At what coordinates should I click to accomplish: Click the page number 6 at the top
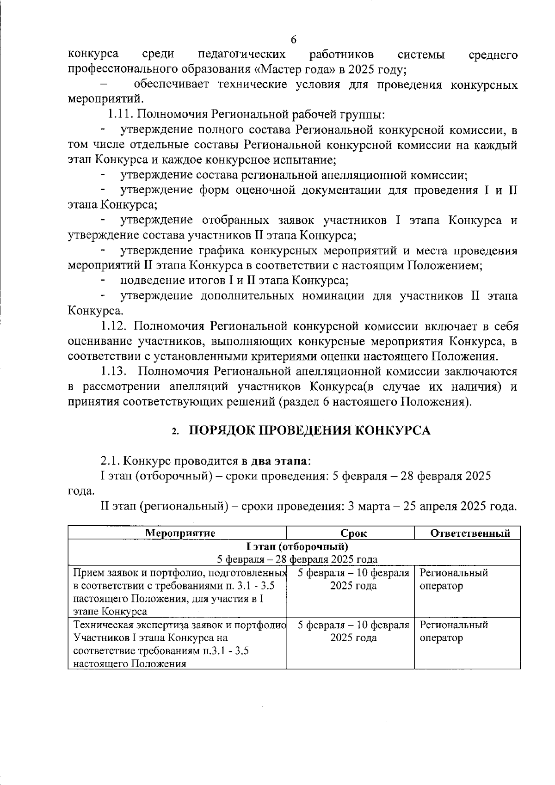[293, 40]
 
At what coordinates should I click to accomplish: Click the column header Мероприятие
[180, 533]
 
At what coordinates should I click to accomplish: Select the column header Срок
[353, 533]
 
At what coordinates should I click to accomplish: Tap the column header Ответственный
[470, 533]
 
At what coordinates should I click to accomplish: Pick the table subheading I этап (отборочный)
[297, 547]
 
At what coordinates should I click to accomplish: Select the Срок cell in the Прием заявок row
[353, 580]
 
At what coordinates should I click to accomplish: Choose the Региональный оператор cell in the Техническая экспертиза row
[453, 632]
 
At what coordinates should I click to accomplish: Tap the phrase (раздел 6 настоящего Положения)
[375, 402]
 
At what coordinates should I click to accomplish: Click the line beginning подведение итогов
[234, 281]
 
